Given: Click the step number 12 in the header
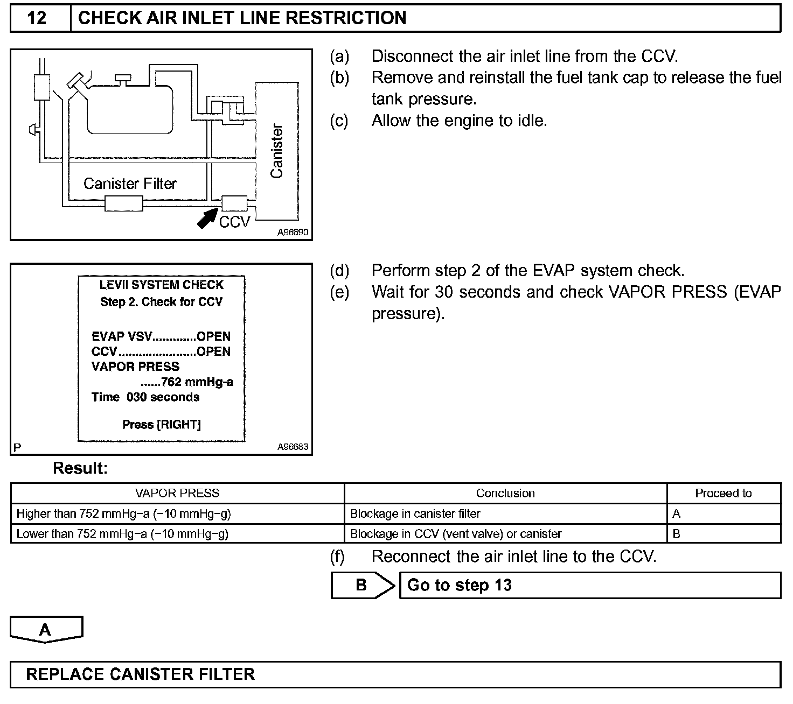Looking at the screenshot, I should tap(37, 18).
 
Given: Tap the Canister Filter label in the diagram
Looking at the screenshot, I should tap(130, 184).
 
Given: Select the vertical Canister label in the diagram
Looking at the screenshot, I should tap(276, 151).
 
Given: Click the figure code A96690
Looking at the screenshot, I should tap(293, 233).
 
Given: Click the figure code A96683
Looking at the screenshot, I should tap(293, 447).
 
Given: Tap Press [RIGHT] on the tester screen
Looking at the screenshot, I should tap(162, 425).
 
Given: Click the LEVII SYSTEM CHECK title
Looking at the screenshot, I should tap(162, 285).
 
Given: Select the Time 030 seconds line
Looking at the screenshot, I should tap(145, 397).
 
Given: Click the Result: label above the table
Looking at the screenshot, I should tap(80, 469).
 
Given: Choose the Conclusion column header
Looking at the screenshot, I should tap(505, 494).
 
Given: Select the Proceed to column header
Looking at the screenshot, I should tap(723, 494).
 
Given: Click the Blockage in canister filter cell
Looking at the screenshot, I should tap(415, 514).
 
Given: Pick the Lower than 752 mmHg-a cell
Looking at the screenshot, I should tap(123, 534).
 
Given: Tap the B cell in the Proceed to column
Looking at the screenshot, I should tap(677, 534).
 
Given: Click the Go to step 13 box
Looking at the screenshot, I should tap(589, 585).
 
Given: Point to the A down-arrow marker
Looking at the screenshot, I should tap(46, 629).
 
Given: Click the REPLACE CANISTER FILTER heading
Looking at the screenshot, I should tap(140, 674).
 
